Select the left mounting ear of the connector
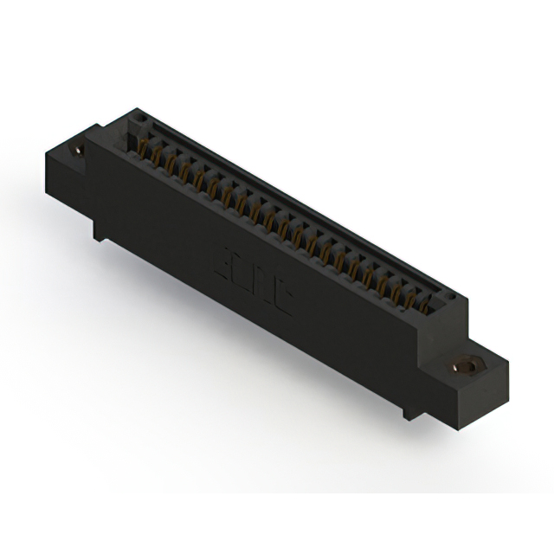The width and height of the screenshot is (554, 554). pos(74,160)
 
